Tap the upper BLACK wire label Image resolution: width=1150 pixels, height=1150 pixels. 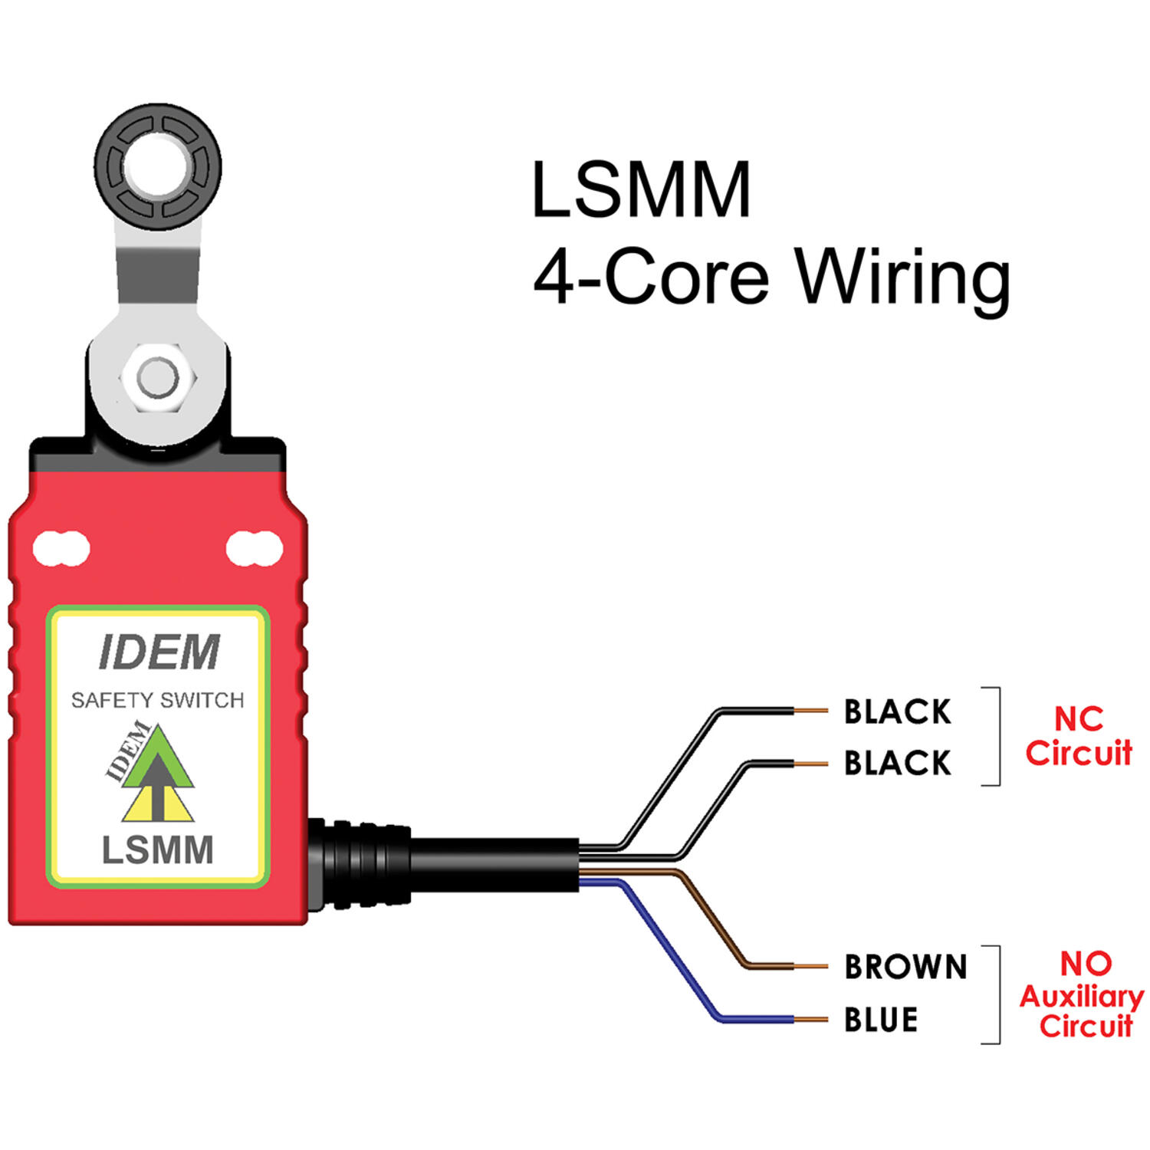click(897, 711)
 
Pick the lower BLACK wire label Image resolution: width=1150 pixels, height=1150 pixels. click(897, 763)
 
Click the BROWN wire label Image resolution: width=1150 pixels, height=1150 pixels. click(905, 967)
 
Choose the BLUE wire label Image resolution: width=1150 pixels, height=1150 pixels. click(881, 1020)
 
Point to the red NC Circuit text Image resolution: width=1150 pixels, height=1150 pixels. click(1079, 736)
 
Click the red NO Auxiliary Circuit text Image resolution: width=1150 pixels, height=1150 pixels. click(1082, 995)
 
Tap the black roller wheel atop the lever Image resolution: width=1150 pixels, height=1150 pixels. click(159, 167)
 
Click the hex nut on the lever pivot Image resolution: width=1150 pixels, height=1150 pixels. click(158, 378)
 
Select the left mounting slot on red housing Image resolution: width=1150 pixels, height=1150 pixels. click(61, 548)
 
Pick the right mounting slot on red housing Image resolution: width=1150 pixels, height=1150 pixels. click(255, 548)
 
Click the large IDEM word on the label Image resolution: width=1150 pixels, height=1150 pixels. click(159, 652)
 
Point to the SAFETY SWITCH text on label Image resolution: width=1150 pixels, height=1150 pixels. click(157, 700)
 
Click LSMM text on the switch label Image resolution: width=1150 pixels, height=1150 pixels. click(158, 850)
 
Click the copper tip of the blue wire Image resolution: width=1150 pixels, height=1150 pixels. click(811, 1020)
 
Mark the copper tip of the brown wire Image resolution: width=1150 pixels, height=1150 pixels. click(811, 967)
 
